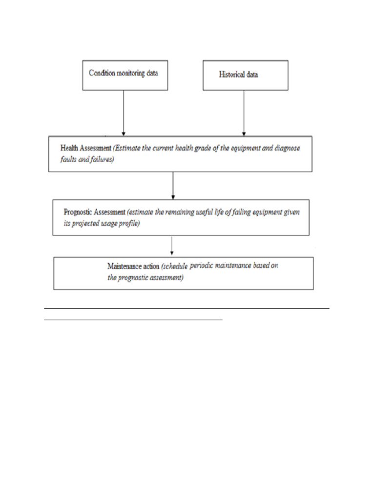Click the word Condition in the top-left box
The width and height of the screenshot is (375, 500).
(x=101, y=73)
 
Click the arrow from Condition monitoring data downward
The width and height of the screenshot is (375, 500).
(x=124, y=112)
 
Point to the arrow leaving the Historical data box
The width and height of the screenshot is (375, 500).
(x=244, y=112)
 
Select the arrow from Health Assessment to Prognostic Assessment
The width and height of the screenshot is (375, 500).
(x=173, y=186)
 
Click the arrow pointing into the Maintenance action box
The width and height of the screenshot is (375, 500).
(x=171, y=246)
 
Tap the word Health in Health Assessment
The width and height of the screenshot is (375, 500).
(x=69, y=148)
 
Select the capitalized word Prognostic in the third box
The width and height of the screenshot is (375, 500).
(x=80, y=212)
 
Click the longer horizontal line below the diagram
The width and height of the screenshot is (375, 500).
(x=187, y=308)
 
